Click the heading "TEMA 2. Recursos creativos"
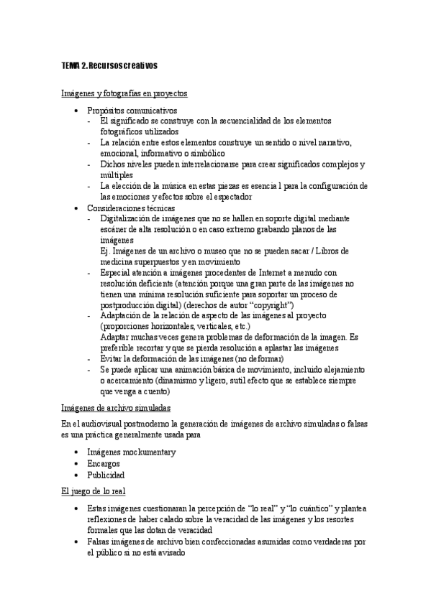109,66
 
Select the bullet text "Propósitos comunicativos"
132,111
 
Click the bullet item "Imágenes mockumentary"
132,452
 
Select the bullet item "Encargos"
104,463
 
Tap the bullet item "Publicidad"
106,475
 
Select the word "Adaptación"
123,315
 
